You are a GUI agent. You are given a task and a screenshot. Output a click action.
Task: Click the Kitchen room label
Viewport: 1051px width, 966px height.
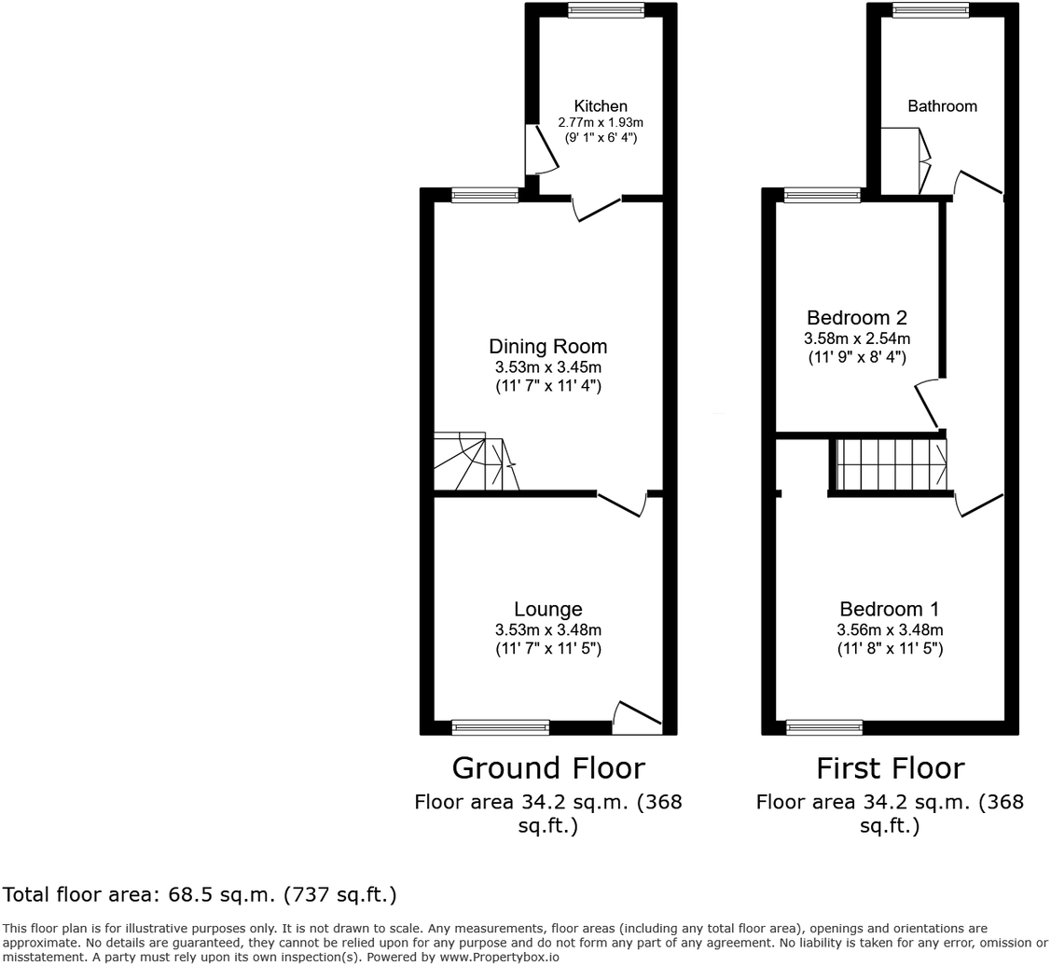[601, 106]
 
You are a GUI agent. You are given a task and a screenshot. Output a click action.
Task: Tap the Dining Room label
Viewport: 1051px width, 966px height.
[547, 347]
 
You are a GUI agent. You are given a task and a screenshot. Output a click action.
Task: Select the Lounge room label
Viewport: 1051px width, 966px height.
[547, 610]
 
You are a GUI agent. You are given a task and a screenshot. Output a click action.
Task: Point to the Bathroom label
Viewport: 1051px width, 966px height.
[942, 106]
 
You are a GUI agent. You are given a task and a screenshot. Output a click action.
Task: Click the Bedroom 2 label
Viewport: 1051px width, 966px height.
[857, 318]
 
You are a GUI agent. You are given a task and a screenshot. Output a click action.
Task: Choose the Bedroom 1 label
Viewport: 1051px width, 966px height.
[889, 610]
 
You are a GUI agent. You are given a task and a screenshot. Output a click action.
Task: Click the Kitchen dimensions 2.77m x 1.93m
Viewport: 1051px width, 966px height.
[601, 122]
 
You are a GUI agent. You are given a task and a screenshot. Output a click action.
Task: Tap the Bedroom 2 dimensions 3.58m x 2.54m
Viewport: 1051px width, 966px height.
[857, 338]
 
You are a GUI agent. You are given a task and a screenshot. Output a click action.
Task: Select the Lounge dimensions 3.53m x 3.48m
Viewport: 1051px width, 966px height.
[547, 630]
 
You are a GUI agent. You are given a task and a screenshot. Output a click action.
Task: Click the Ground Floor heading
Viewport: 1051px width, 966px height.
[547, 768]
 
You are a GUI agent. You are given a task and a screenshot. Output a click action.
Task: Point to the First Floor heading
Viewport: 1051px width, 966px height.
[890, 768]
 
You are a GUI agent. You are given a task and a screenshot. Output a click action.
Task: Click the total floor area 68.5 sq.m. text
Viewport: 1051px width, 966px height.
[200, 895]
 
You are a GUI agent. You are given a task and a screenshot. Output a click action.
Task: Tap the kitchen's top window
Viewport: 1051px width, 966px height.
[606, 10]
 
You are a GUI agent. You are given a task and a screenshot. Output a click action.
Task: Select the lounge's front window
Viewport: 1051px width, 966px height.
[501, 727]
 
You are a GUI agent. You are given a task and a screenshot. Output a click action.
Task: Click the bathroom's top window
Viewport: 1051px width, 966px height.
[930, 10]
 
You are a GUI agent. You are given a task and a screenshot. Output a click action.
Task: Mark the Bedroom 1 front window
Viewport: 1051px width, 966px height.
[824, 727]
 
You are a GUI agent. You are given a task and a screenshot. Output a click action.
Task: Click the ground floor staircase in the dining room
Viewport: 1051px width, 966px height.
[476, 462]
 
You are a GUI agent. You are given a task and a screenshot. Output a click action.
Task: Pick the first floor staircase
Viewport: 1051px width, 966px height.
[891, 463]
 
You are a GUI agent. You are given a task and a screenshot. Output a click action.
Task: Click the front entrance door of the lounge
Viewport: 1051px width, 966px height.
[638, 716]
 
